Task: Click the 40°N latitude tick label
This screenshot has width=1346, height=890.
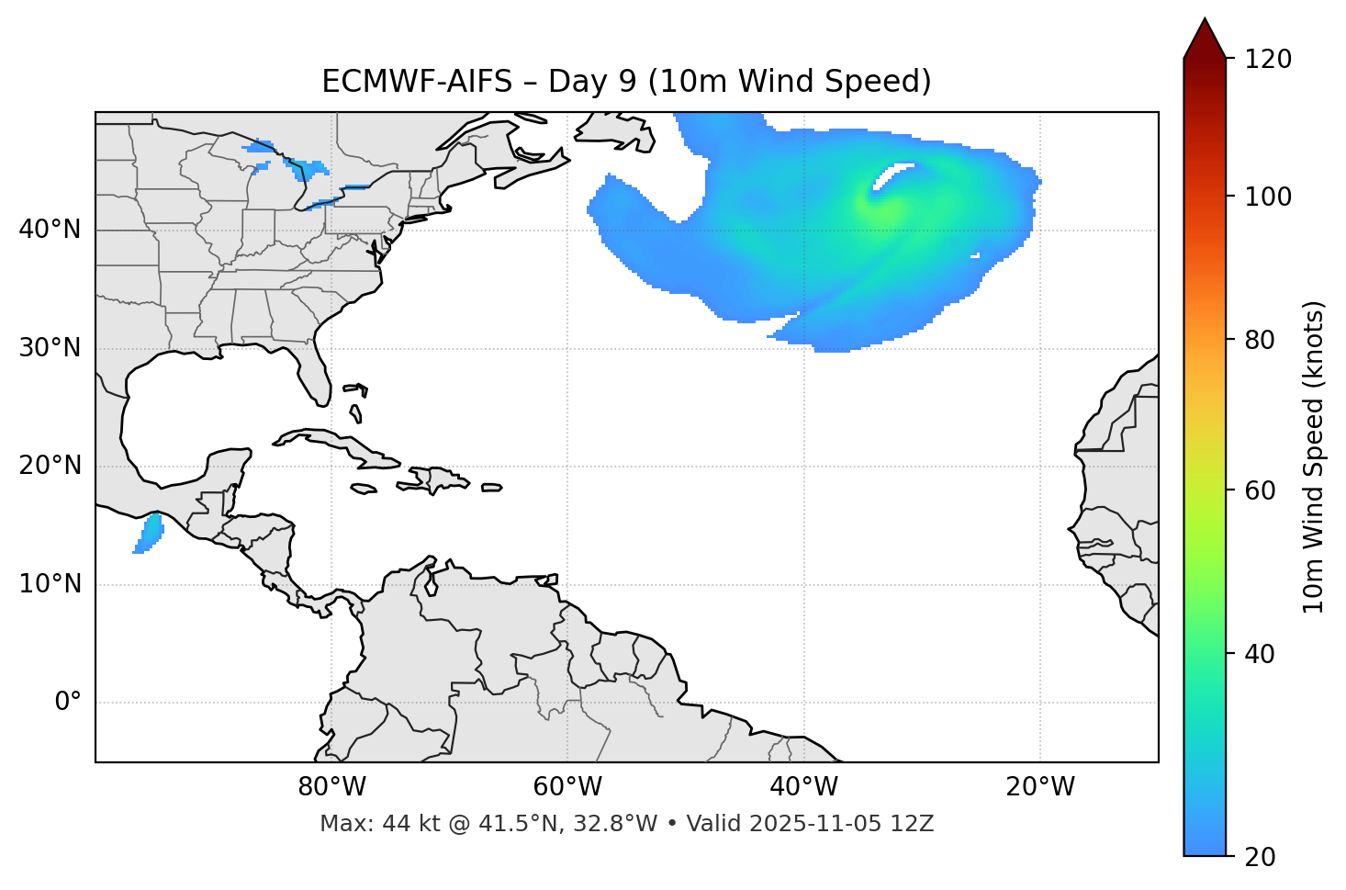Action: (x=50, y=230)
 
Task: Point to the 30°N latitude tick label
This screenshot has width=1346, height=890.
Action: (x=50, y=348)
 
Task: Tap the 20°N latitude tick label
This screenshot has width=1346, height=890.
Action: (x=50, y=466)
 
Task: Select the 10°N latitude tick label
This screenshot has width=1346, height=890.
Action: (x=50, y=584)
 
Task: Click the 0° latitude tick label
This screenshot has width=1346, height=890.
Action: (x=68, y=703)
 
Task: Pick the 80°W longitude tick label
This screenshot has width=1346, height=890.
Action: (x=331, y=787)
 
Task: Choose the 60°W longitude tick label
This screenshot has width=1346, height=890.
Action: (x=567, y=787)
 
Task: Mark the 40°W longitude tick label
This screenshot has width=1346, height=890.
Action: (x=803, y=787)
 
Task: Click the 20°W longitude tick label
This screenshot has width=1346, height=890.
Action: (x=1040, y=787)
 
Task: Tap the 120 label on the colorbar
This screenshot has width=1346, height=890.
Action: (x=1268, y=60)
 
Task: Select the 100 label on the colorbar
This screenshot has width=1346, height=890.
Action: (x=1268, y=197)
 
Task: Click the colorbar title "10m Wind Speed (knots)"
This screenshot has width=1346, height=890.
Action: (x=1314, y=457)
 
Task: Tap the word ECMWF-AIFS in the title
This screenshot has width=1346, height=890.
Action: (x=416, y=82)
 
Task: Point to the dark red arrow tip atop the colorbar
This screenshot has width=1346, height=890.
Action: (x=1205, y=37)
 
